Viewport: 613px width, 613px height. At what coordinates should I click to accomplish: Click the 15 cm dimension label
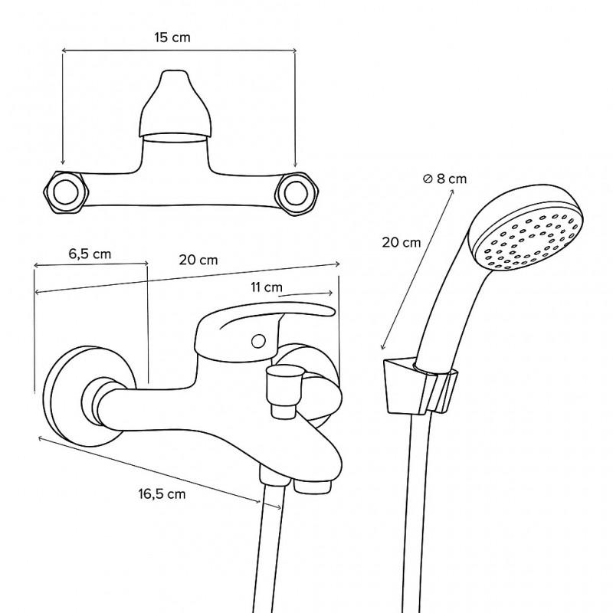click(x=178, y=38)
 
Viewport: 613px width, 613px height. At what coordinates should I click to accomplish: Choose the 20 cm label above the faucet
click(x=198, y=259)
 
